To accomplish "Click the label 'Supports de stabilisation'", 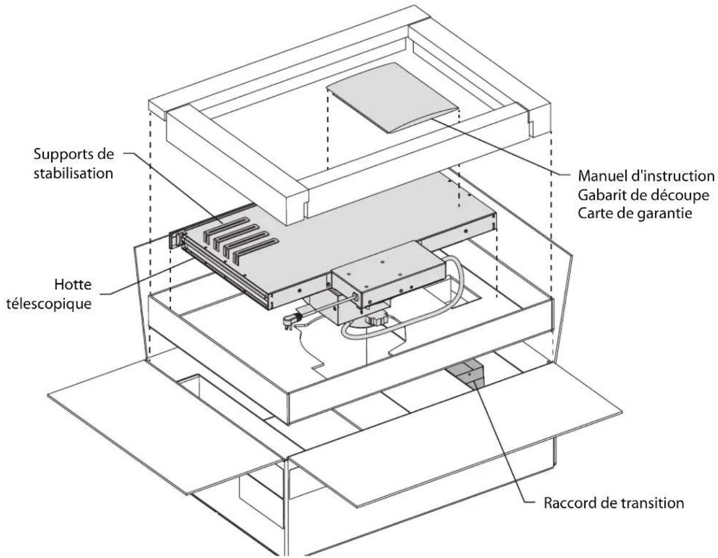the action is (x=74, y=164).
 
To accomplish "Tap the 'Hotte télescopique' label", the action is (x=49, y=294).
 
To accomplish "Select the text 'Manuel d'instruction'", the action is (x=646, y=176).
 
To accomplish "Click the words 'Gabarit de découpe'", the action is (x=643, y=195).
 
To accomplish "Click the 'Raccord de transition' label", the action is (x=614, y=503).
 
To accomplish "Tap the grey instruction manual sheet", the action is (x=392, y=98).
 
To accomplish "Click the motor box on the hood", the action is (x=389, y=274).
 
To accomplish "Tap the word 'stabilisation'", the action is (x=73, y=173).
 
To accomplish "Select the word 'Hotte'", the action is (x=73, y=284).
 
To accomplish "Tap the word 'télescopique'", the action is (x=49, y=304).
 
